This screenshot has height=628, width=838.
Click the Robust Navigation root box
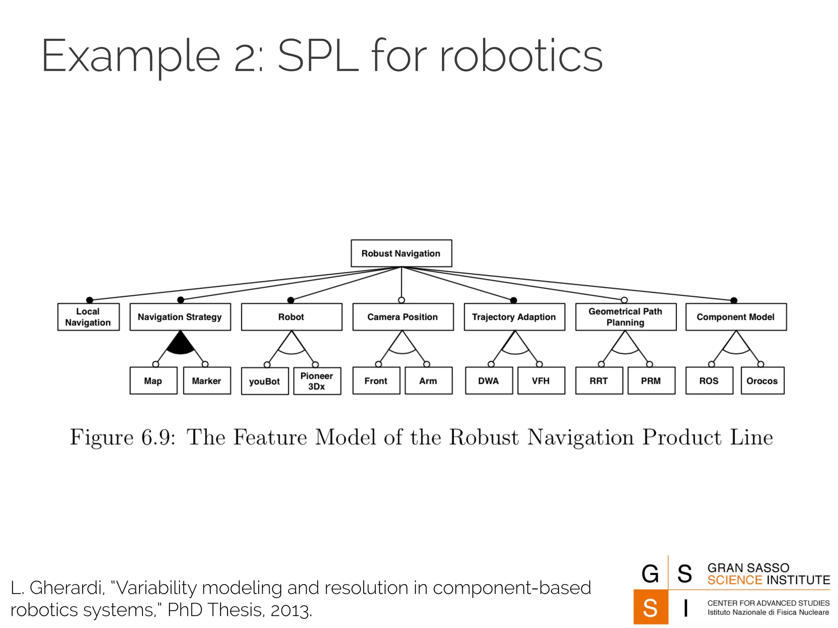[x=401, y=253]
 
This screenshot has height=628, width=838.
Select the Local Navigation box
[x=88, y=317]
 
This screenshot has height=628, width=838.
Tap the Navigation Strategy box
[x=180, y=317]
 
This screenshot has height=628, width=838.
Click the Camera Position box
[x=403, y=317]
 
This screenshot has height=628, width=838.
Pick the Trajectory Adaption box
[x=514, y=317]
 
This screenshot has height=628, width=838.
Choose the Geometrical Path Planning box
[x=625, y=317]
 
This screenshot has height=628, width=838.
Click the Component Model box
[x=736, y=317]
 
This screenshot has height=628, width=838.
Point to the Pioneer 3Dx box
[x=317, y=381]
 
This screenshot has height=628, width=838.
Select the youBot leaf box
[x=265, y=381]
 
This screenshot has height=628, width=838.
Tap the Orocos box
[x=762, y=381]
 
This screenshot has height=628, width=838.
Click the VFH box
[x=541, y=381]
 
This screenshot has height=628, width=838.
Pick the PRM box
[x=651, y=381]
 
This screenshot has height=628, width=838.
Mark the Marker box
[x=207, y=381]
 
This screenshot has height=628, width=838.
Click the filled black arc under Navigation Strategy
[x=180, y=346]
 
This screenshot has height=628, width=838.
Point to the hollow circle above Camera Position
[x=401, y=300]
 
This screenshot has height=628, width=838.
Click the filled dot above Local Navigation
[x=90, y=300]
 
